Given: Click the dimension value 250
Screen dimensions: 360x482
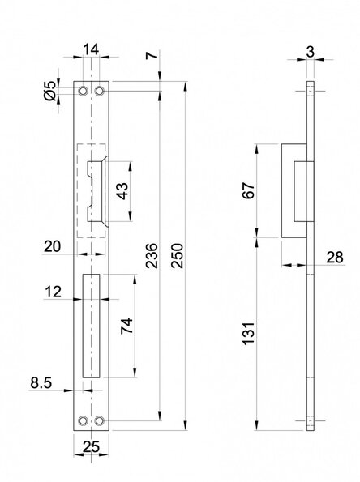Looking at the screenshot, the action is (178, 256).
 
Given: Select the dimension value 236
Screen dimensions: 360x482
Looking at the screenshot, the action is (152, 256).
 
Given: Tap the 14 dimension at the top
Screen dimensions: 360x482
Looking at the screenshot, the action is (91, 49).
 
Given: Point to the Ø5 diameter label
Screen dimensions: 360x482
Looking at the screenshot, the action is (50, 91).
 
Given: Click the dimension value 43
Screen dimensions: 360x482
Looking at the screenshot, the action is (122, 191).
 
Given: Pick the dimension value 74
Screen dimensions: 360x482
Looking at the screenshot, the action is (126, 326).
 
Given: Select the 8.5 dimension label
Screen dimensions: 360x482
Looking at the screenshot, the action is (41, 383).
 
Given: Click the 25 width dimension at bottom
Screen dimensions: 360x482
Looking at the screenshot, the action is (91, 446).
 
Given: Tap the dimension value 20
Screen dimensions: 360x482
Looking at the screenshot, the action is (53, 246).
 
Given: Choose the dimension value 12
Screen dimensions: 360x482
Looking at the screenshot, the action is (53, 292).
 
